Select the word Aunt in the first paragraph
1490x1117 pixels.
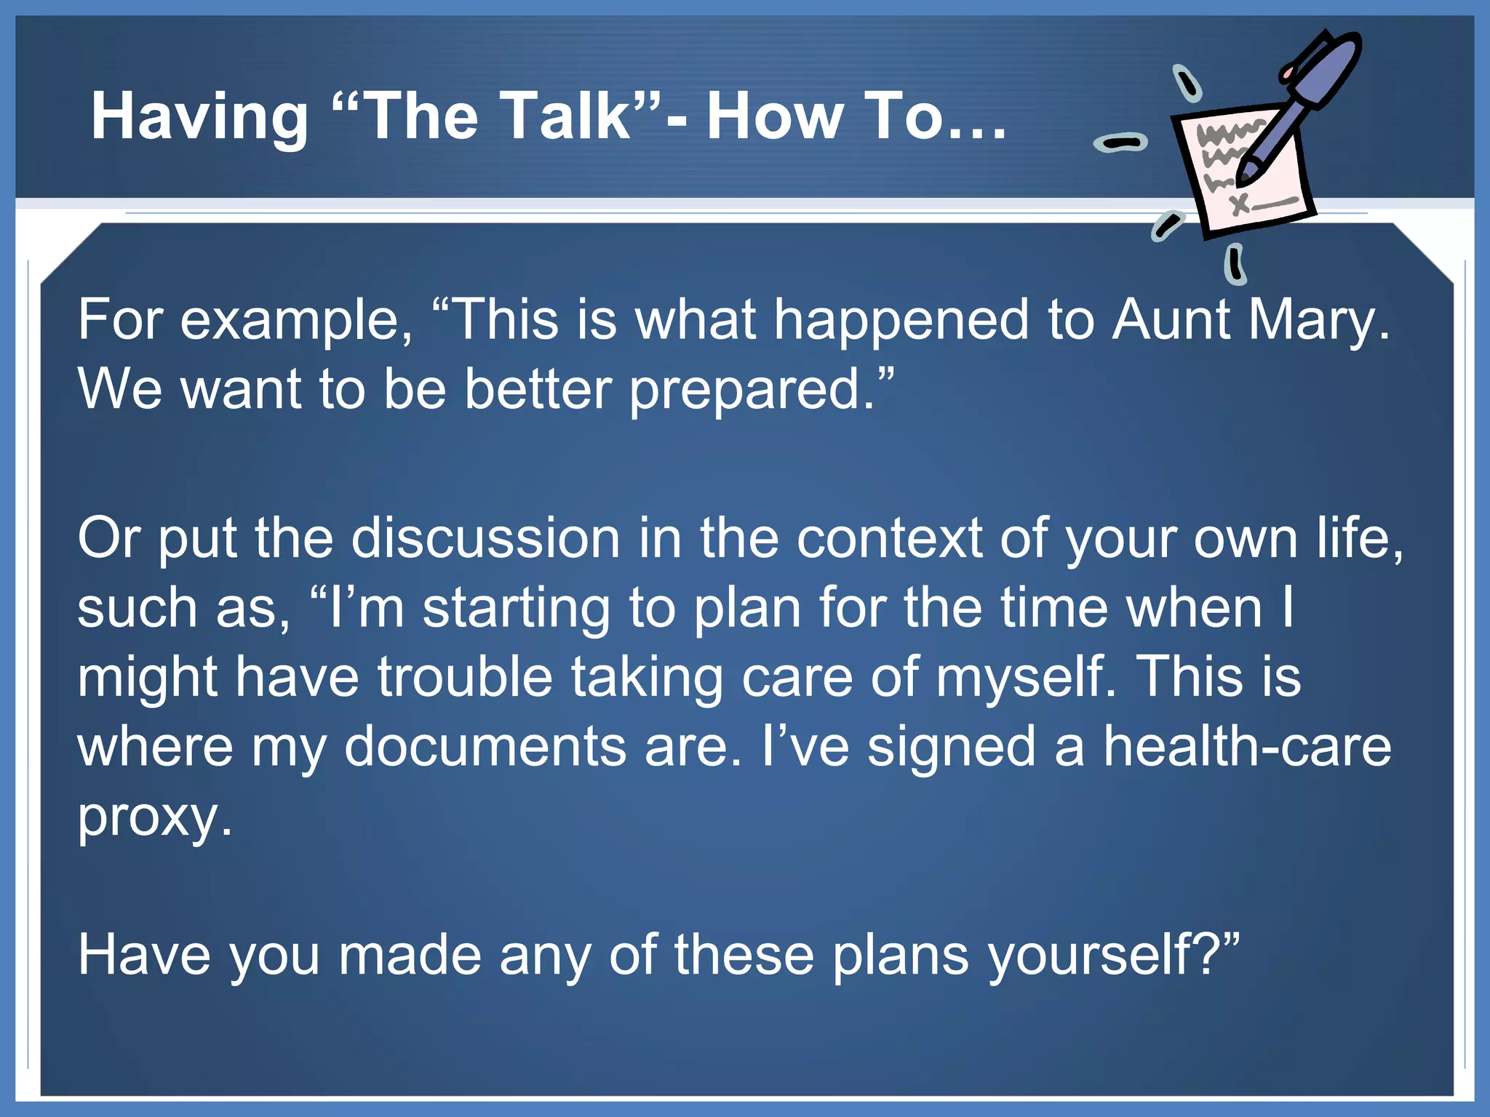tap(1171, 319)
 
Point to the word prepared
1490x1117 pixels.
tap(752, 391)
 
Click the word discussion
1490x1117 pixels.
tap(486, 538)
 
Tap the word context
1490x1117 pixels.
tap(889, 538)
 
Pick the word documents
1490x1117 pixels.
tap(485, 747)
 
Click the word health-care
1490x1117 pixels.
tap(1247, 747)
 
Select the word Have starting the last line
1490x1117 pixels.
tap(144, 954)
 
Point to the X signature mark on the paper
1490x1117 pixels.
tap(1240, 203)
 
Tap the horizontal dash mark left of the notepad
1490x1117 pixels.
tap(1120, 143)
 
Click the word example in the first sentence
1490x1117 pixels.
tap(295, 321)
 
